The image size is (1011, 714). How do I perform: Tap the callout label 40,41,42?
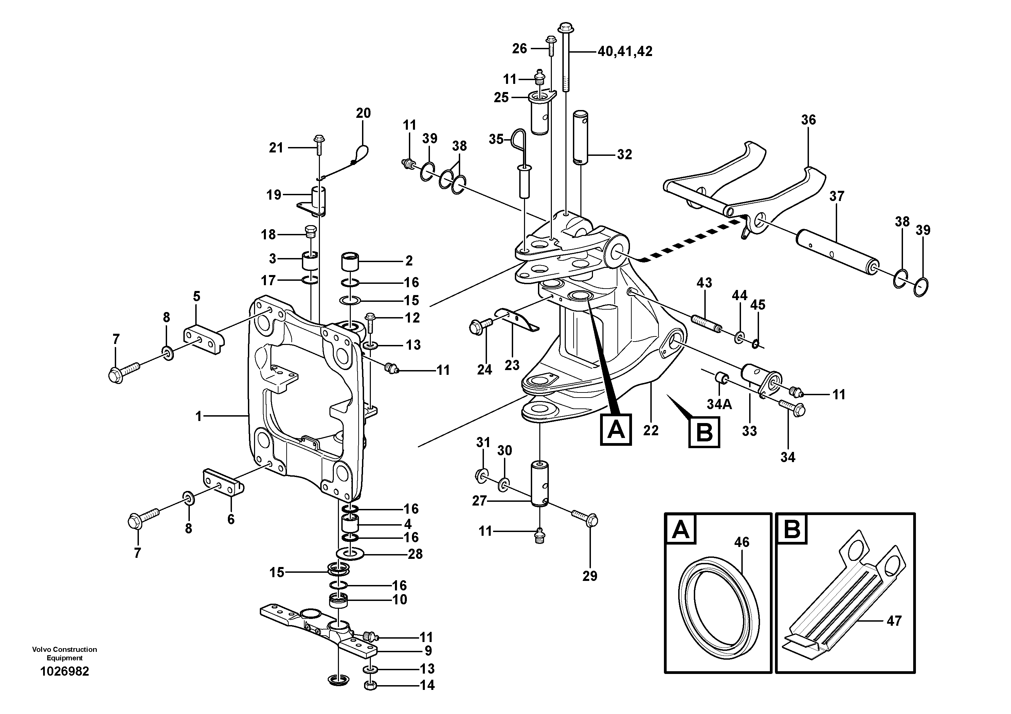click(625, 52)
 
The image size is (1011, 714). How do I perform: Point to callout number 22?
click(650, 430)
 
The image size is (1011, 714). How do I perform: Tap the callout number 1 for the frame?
click(199, 416)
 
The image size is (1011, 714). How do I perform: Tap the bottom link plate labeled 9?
click(319, 634)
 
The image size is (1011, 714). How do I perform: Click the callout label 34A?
click(719, 404)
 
